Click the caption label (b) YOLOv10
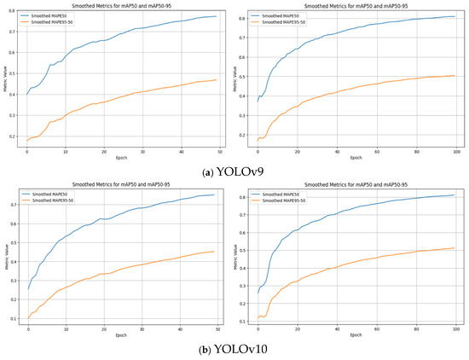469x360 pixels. [x=234, y=351]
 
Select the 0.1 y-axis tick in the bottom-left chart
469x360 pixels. [x=18, y=319]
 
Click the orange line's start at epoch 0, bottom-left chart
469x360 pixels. [x=26, y=320]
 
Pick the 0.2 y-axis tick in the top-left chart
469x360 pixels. [x=18, y=136]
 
